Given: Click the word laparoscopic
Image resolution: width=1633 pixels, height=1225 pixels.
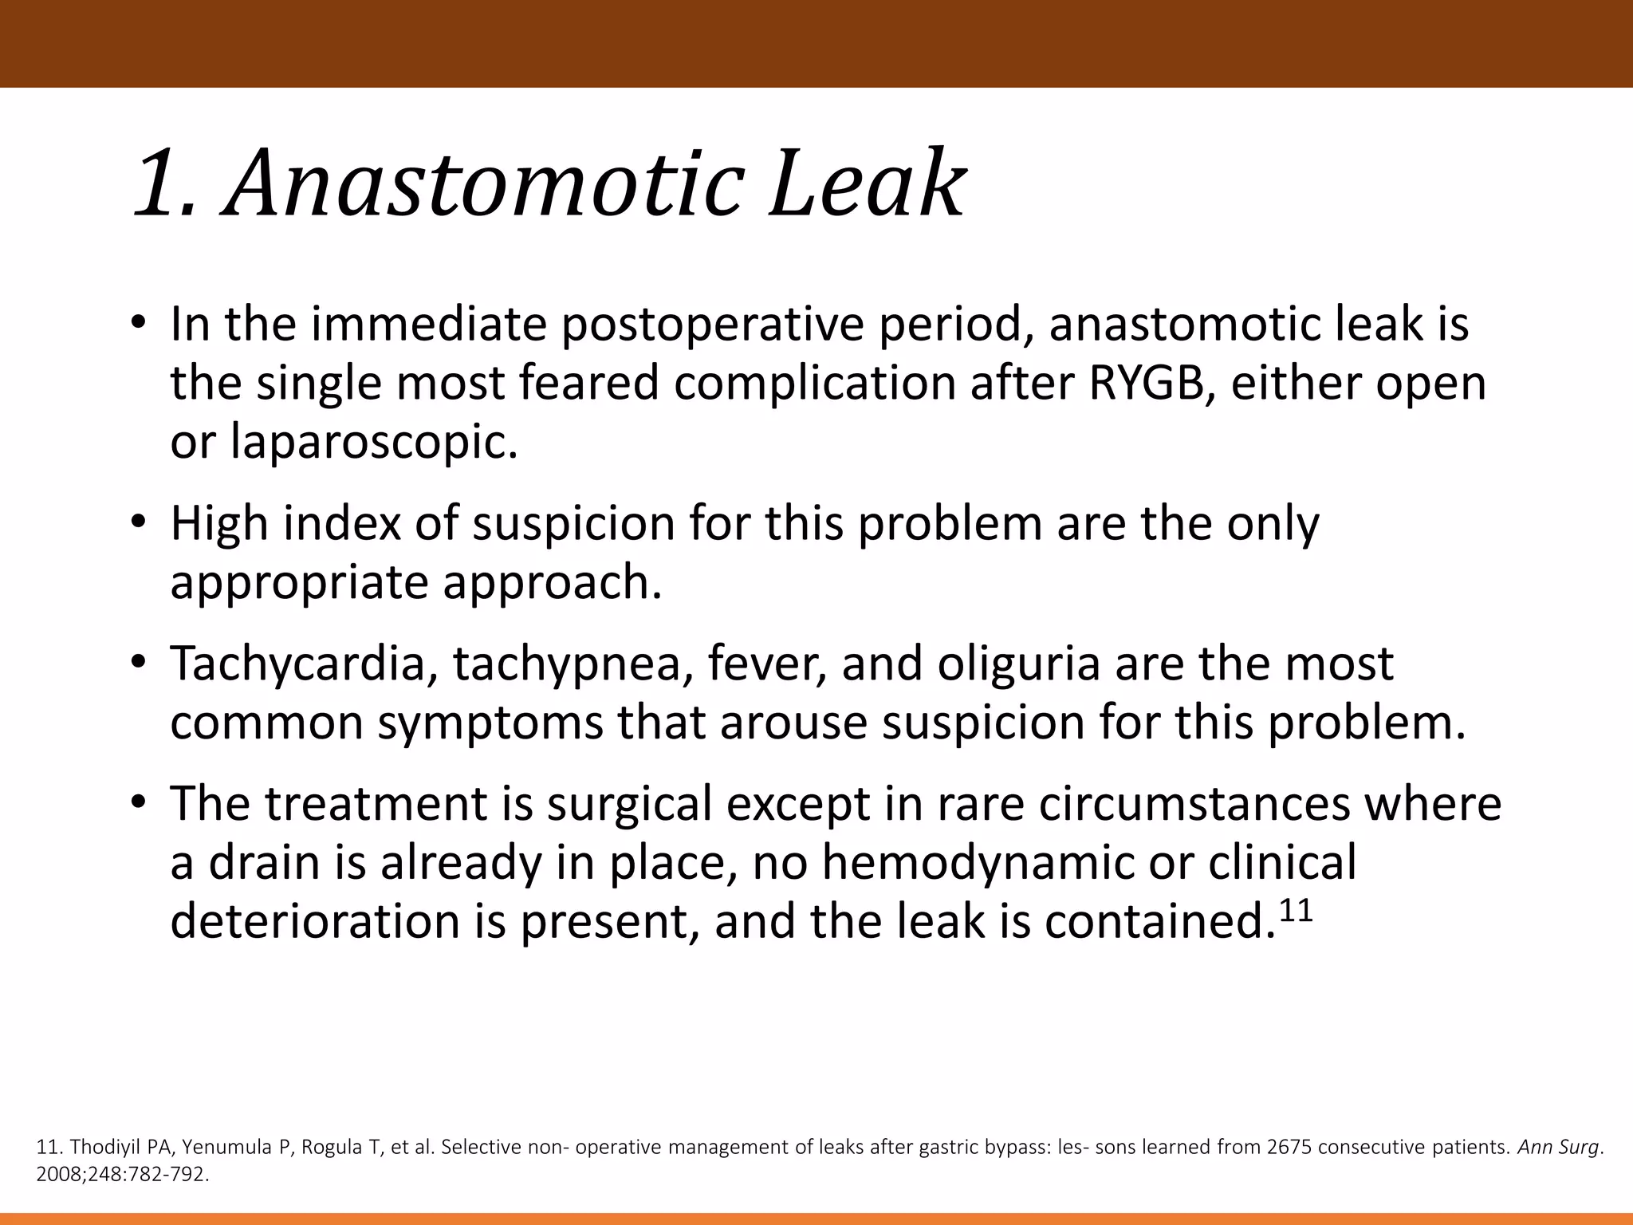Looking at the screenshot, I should [374, 443].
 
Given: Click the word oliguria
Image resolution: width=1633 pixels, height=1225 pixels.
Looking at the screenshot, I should [1018, 664].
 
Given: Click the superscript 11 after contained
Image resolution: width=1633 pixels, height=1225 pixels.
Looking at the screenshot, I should [1296, 909].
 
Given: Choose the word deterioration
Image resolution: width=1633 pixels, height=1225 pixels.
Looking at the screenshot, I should [316, 922].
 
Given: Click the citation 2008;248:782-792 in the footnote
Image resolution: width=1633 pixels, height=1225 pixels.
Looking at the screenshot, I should [121, 1175].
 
